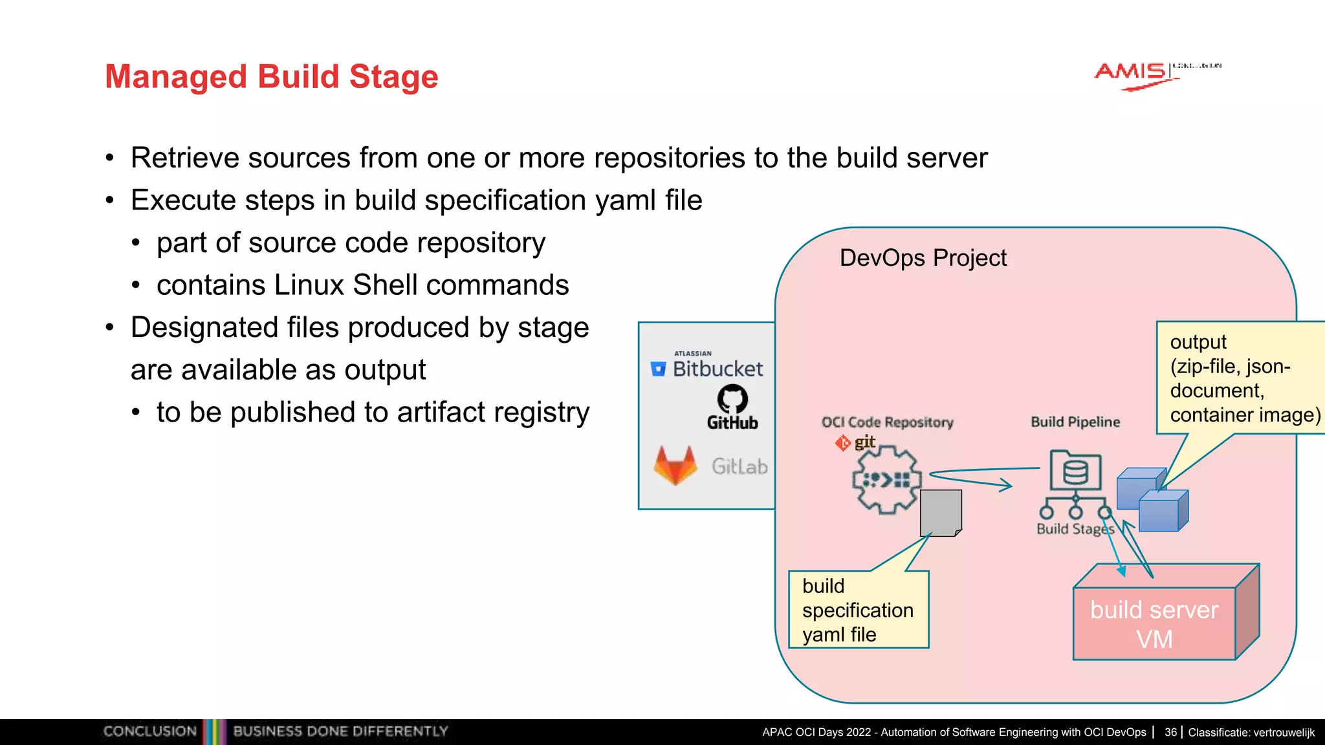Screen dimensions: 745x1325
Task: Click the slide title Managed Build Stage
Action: pos(271,76)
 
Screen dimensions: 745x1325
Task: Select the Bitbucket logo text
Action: pos(717,369)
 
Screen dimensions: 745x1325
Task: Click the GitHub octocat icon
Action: pos(732,399)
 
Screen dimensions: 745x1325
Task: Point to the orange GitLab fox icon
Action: pos(675,465)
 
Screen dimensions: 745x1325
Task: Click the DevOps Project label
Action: pos(923,258)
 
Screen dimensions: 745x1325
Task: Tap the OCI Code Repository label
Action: pos(887,422)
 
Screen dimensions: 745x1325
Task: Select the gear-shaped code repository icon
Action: pos(885,480)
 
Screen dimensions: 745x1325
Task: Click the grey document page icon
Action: pos(940,512)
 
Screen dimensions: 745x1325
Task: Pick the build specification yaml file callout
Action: pos(858,610)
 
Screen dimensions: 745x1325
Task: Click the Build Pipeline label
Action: pos(1075,422)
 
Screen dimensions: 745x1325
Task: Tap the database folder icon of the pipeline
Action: pos(1075,471)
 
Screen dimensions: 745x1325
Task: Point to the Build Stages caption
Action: pos(1075,529)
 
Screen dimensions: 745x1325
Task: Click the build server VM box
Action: pos(1154,623)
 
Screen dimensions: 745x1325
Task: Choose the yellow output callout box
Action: pos(1239,378)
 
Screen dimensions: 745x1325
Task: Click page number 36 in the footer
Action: pos(1170,732)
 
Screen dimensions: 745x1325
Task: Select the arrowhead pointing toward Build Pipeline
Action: pos(1005,484)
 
